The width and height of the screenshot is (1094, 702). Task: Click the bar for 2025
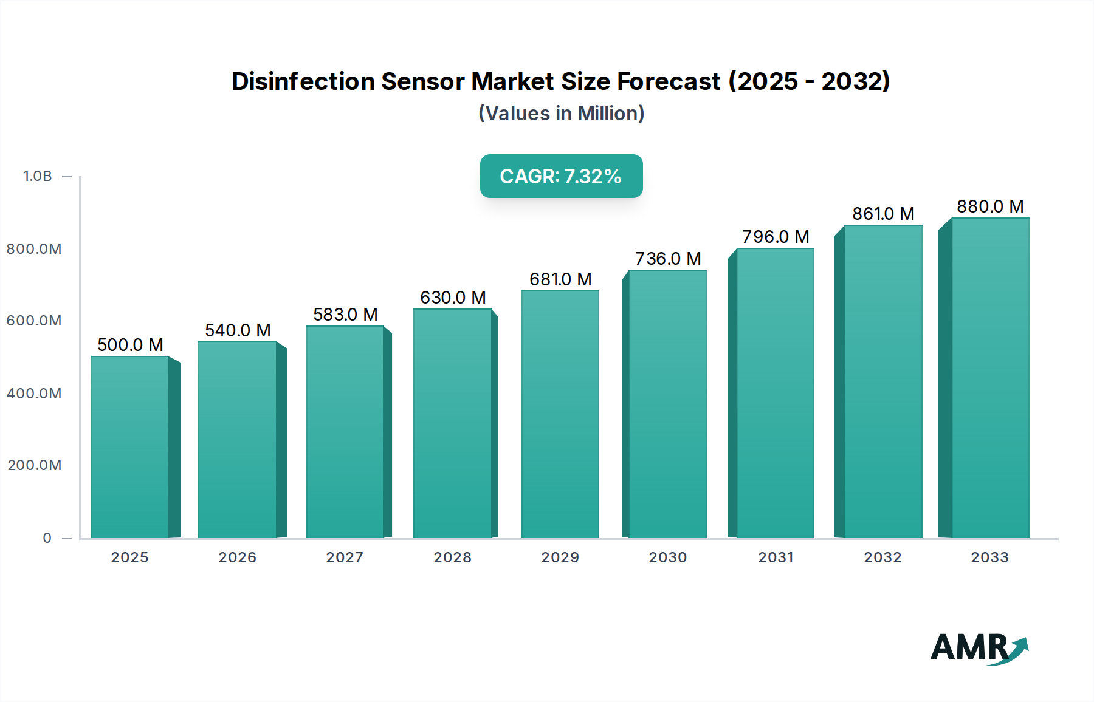[x=129, y=447]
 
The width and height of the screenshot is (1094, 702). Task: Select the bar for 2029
[x=560, y=414]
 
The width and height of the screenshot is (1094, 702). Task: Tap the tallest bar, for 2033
[x=989, y=378]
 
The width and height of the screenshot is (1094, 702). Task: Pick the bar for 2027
[x=345, y=432]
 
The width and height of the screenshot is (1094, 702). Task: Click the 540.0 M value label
[x=238, y=330]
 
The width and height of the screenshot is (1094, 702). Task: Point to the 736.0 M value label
[x=668, y=259]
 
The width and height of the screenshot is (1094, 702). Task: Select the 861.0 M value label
[x=883, y=214]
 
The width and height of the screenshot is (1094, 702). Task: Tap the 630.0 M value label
[x=453, y=298]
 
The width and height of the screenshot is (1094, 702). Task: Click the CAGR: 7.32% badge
[x=561, y=176]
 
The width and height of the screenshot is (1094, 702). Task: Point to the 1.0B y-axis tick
[x=38, y=176]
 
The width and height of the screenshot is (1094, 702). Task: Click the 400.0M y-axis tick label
[x=34, y=394]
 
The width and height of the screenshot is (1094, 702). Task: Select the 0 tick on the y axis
[x=47, y=538]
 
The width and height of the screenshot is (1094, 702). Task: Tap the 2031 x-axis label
[x=776, y=557]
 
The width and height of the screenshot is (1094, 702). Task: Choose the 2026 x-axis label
[x=237, y=557]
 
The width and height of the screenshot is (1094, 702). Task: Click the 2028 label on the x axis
[x=452, y=557]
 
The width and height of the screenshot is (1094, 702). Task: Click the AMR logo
[x=979, y=648]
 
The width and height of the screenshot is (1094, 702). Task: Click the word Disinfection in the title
[x=303, y=81]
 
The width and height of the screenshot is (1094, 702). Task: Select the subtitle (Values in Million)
[x=561, y=114]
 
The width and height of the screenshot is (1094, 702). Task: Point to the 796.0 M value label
[x=776, y=237]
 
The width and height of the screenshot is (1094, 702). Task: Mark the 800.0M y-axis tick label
[x=34, y=249]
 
